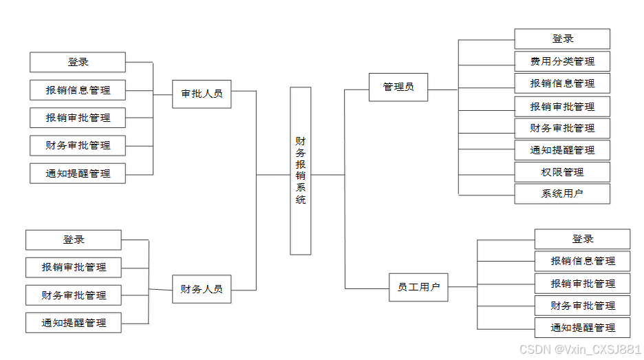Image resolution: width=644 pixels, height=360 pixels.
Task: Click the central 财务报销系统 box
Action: click(x=301, y=171)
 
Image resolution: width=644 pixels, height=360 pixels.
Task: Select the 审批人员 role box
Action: click(x=202, y=94)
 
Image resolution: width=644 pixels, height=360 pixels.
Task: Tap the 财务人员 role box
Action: click(x=202, y=289)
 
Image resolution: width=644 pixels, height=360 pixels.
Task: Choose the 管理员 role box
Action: click(x=398, y=87)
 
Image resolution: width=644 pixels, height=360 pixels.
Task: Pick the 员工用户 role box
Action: click(x=418, y=287)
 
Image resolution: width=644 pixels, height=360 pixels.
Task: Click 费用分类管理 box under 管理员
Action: click(x=562, y=61)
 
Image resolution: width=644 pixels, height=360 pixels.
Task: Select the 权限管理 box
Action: click(x=562, y=171)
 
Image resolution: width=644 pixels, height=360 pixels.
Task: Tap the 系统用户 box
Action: click(x=562, y=193)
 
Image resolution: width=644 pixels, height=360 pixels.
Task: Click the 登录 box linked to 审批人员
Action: click(x=78, y=62)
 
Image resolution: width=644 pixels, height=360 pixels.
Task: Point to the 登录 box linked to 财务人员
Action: click(x=74, y=240)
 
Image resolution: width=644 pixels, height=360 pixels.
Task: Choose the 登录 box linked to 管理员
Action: click(x=562, y=39)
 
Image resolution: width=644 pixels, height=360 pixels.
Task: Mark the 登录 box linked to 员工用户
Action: click(x=582, y=239)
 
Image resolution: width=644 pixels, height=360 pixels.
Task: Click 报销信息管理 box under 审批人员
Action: click(x=78, y=90)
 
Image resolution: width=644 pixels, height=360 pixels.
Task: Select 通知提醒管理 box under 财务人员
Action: click(x=74, y=322)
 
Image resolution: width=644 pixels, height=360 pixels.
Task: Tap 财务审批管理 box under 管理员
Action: click(x=562, y=128)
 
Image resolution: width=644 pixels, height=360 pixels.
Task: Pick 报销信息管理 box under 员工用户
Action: click(x=582, y=261)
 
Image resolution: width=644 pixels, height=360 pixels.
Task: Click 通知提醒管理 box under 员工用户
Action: click(x=582, y=328)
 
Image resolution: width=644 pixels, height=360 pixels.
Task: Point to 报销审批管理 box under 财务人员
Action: click(x=74, y=267)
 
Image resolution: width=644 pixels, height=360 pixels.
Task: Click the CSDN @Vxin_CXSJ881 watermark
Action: click(x=580, y=350)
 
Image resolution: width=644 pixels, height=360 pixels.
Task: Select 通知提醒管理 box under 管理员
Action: click(x=562, y=150)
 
